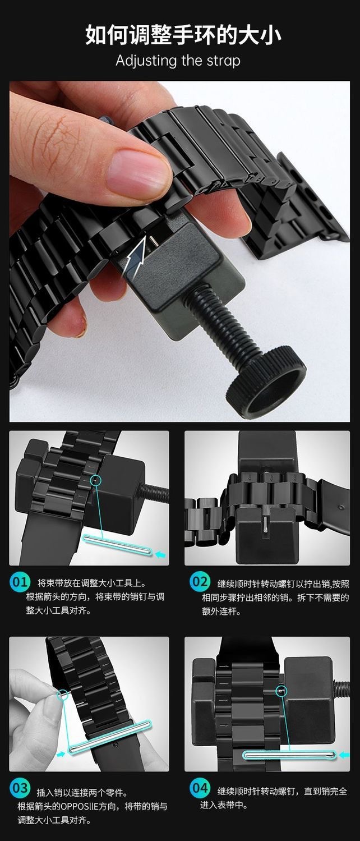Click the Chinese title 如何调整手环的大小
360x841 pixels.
click(x=183, y=35)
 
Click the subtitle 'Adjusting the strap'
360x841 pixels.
click(x=178, y=61)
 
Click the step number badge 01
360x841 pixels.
click(x=20, y=582)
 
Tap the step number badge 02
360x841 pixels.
click(x=199, y=582)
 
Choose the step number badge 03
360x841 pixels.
click(x=20, y=788)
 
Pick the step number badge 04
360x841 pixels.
click(x=199, y=788)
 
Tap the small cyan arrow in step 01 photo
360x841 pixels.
click(x=161, y=554)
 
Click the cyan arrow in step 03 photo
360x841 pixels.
click(x=61, y=754)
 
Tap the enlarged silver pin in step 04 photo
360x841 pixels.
click(x=288, y=755)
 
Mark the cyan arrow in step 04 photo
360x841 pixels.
click(x=344, y=755)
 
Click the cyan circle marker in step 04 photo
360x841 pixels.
click(x=282, y=691)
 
